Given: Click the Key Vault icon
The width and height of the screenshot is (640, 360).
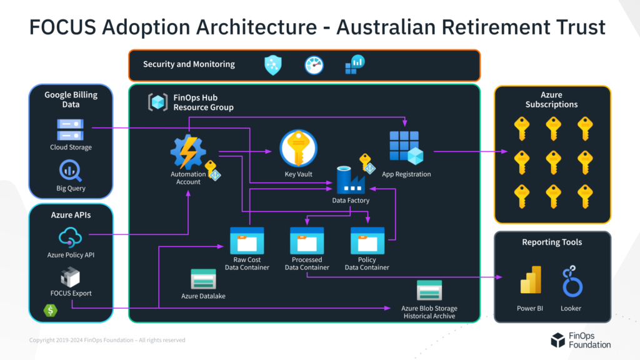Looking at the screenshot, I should (x=298, y=149).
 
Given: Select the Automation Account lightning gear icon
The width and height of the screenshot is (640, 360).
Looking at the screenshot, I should (x=188, y=152).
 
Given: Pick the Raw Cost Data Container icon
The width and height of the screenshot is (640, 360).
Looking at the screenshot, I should (x=247, y=240).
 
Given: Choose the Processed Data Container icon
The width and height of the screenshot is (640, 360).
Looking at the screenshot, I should (x=307, y=240).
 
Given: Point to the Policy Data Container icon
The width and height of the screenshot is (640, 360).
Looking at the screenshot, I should (x=367, y=240).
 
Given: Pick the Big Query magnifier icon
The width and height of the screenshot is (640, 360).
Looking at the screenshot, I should (x=71, y=171).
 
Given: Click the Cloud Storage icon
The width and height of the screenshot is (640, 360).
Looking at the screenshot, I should (x=71, y=129).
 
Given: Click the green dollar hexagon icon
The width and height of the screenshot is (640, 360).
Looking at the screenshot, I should (x=49, y=310).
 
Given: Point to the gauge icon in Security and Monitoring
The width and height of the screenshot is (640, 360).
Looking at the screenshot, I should (x=314, y=65).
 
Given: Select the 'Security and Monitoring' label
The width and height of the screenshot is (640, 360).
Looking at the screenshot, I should (x=189, y=64).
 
